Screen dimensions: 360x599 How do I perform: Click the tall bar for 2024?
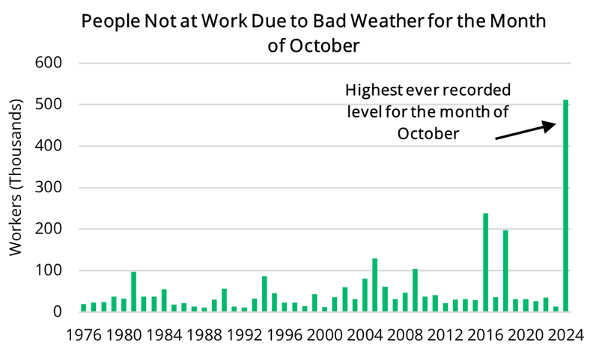coord(565,206)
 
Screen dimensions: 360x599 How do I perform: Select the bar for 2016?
coord(486,263)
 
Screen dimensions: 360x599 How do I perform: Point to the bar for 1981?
coord(134,292)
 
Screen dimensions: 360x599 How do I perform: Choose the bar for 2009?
coord(415,290)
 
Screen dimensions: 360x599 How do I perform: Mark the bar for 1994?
coord(264,294)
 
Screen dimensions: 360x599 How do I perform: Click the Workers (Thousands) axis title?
coord(16,187)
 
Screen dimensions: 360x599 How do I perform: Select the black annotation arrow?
coord(525,129)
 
